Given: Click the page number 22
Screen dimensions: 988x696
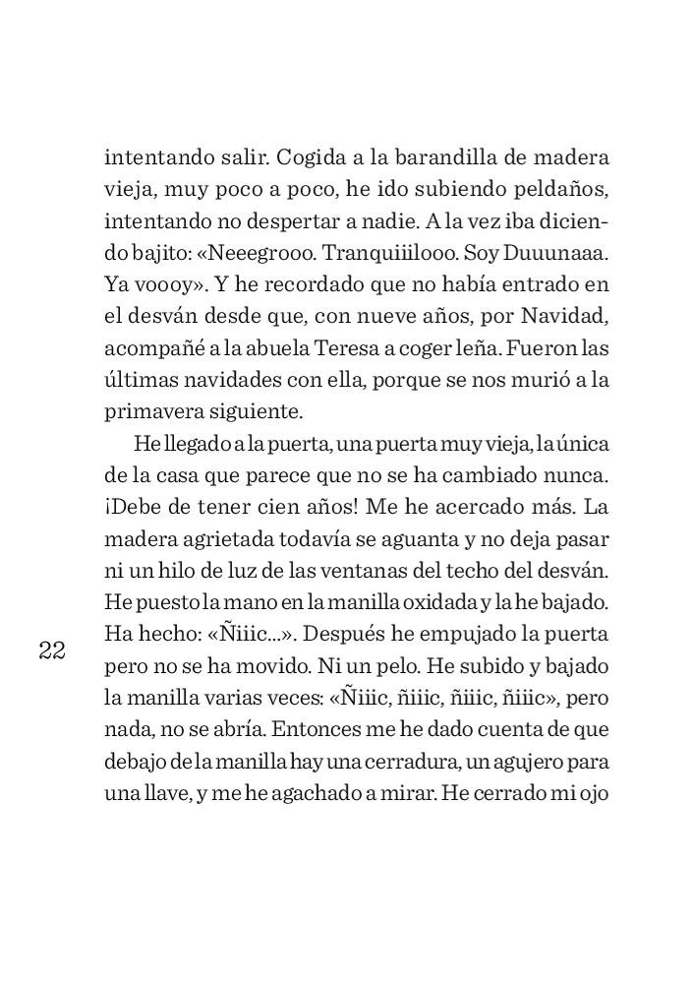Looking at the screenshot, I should point(51,650).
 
